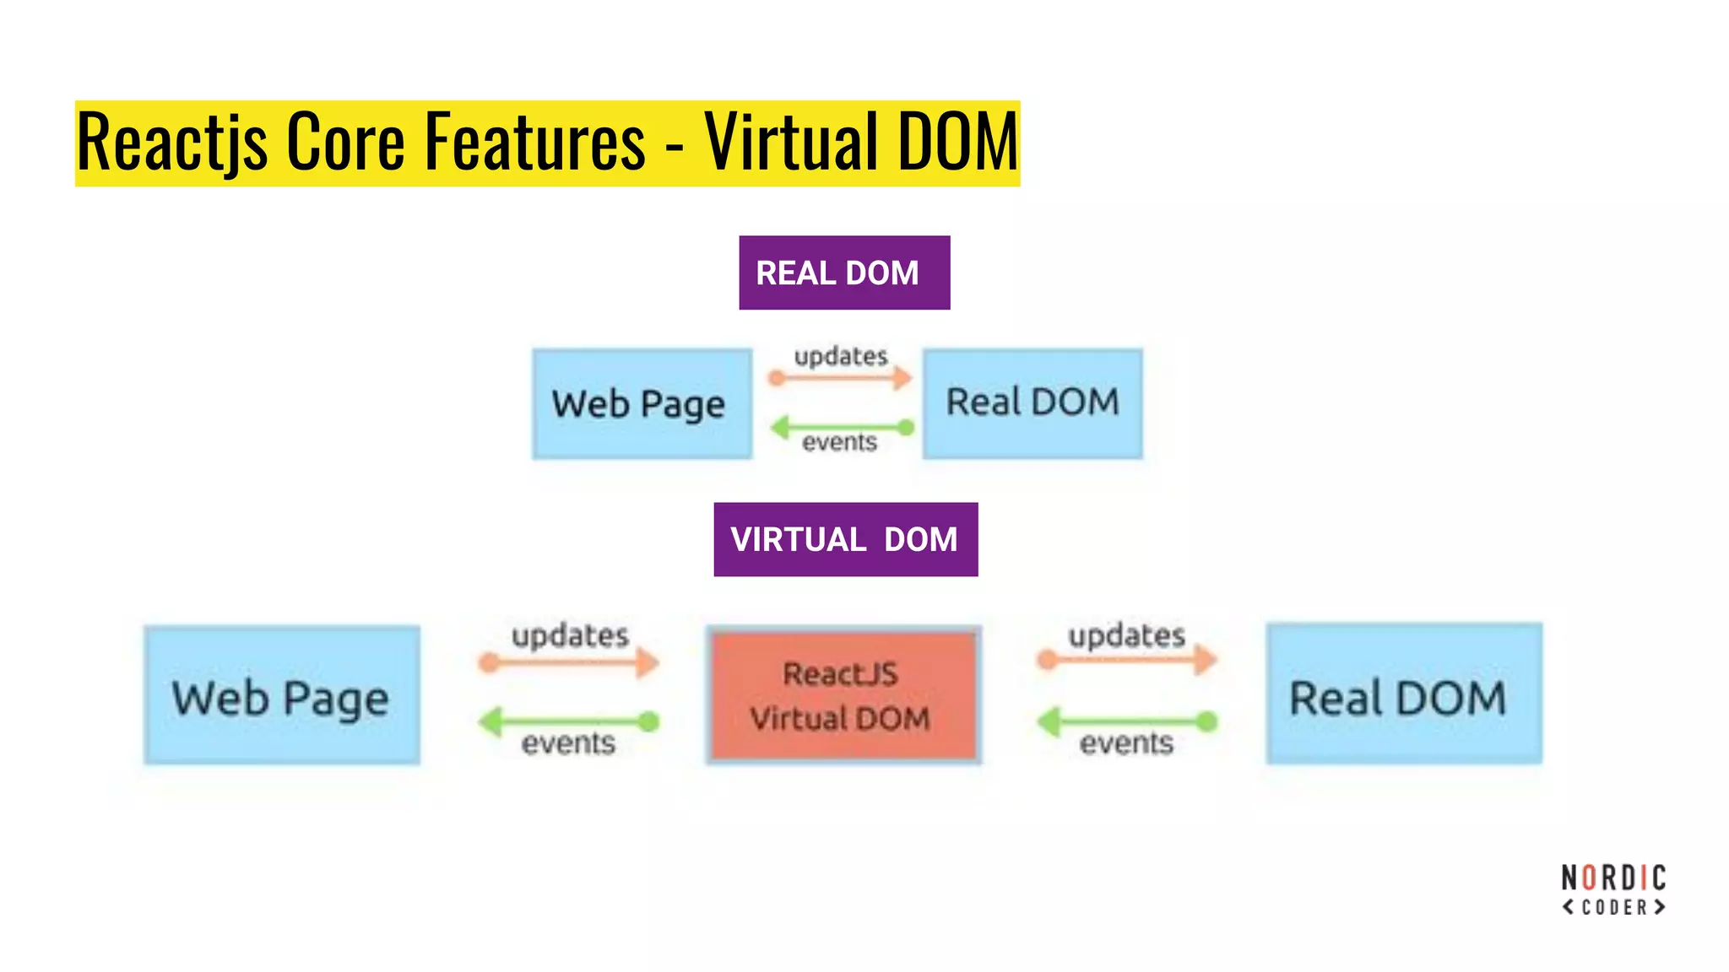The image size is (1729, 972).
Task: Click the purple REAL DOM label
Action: click(844, 273)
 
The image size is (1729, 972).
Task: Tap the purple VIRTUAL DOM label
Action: click(845, 539)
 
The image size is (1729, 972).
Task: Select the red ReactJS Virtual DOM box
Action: click(843, 695)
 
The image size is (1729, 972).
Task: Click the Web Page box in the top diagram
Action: click(642, 403)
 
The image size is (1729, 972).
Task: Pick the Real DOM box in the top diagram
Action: click(1032, 403)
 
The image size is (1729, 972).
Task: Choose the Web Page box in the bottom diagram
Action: click(281, 695)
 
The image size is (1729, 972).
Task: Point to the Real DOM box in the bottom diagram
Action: click(1403, 695)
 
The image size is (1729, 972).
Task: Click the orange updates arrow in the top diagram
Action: click(841, 377)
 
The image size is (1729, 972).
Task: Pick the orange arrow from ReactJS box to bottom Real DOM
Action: click(1127, 659)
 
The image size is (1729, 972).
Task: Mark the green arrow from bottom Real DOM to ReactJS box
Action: click(1127, 721)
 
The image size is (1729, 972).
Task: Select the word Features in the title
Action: click(534, 142)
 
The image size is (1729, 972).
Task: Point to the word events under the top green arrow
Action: click(839, 442)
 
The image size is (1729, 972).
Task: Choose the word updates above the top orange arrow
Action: click(841, 356)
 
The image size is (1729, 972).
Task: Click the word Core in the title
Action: click(346, 142)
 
